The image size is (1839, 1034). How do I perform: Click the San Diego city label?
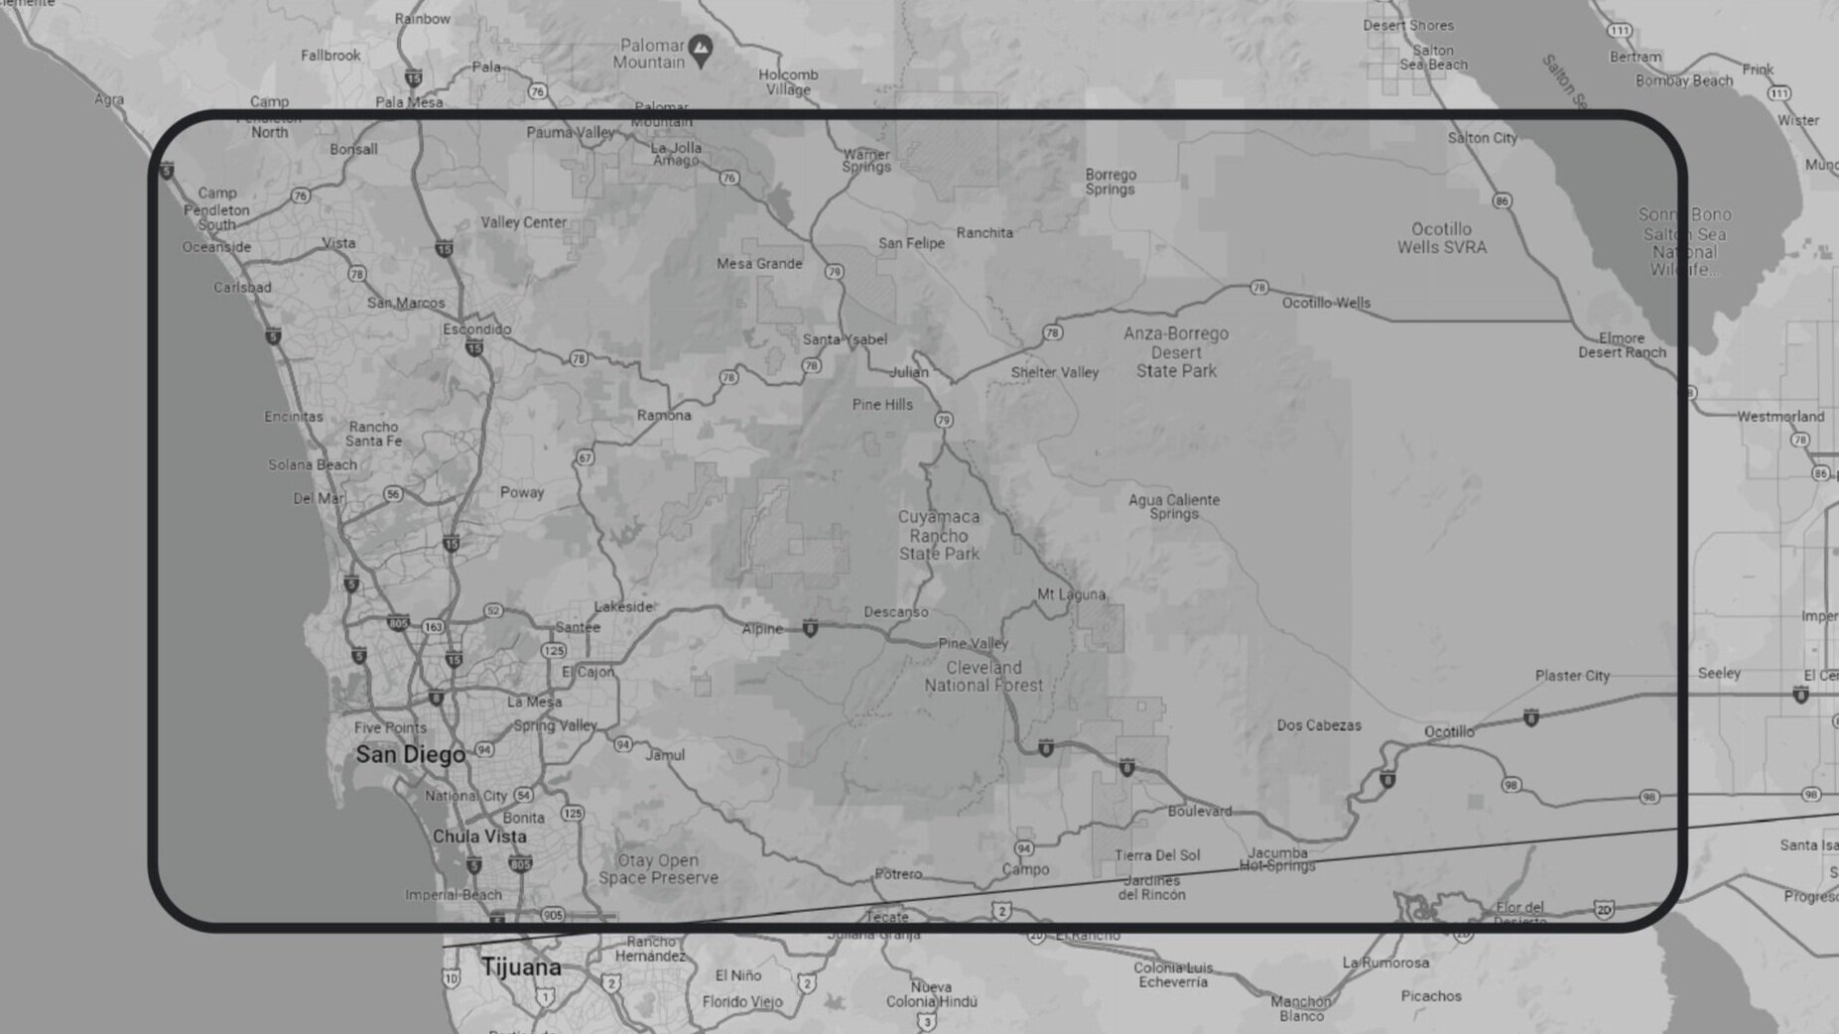point(410,755)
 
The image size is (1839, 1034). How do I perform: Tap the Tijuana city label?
point(521,968)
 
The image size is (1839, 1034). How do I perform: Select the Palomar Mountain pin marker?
point(701,49)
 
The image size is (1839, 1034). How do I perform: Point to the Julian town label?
point(908,373)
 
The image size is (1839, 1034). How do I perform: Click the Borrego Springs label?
point(1111,182)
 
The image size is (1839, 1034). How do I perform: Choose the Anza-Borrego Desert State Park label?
point(1176,352)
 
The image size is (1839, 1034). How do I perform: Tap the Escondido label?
point(477,329)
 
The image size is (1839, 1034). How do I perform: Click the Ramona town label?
point(664,416)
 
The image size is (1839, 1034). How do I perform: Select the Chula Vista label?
point(479,837)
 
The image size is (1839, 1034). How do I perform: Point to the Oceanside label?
point(216,247)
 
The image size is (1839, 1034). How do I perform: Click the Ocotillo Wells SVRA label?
point(1441,238)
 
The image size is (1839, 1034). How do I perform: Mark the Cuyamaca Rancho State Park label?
point(939,535)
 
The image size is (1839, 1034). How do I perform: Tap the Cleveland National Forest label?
point(984,676)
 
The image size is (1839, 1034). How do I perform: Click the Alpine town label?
point(762,629)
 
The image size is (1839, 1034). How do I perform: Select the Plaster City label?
point(1572,676)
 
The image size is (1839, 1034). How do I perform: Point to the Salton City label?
point(1482,138)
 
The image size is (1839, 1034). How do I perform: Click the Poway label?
point(522,493)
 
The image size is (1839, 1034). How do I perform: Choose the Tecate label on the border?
point(886,916)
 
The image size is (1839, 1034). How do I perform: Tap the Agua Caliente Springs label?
point(1174,506)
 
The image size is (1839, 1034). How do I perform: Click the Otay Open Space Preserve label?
point(657,869)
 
